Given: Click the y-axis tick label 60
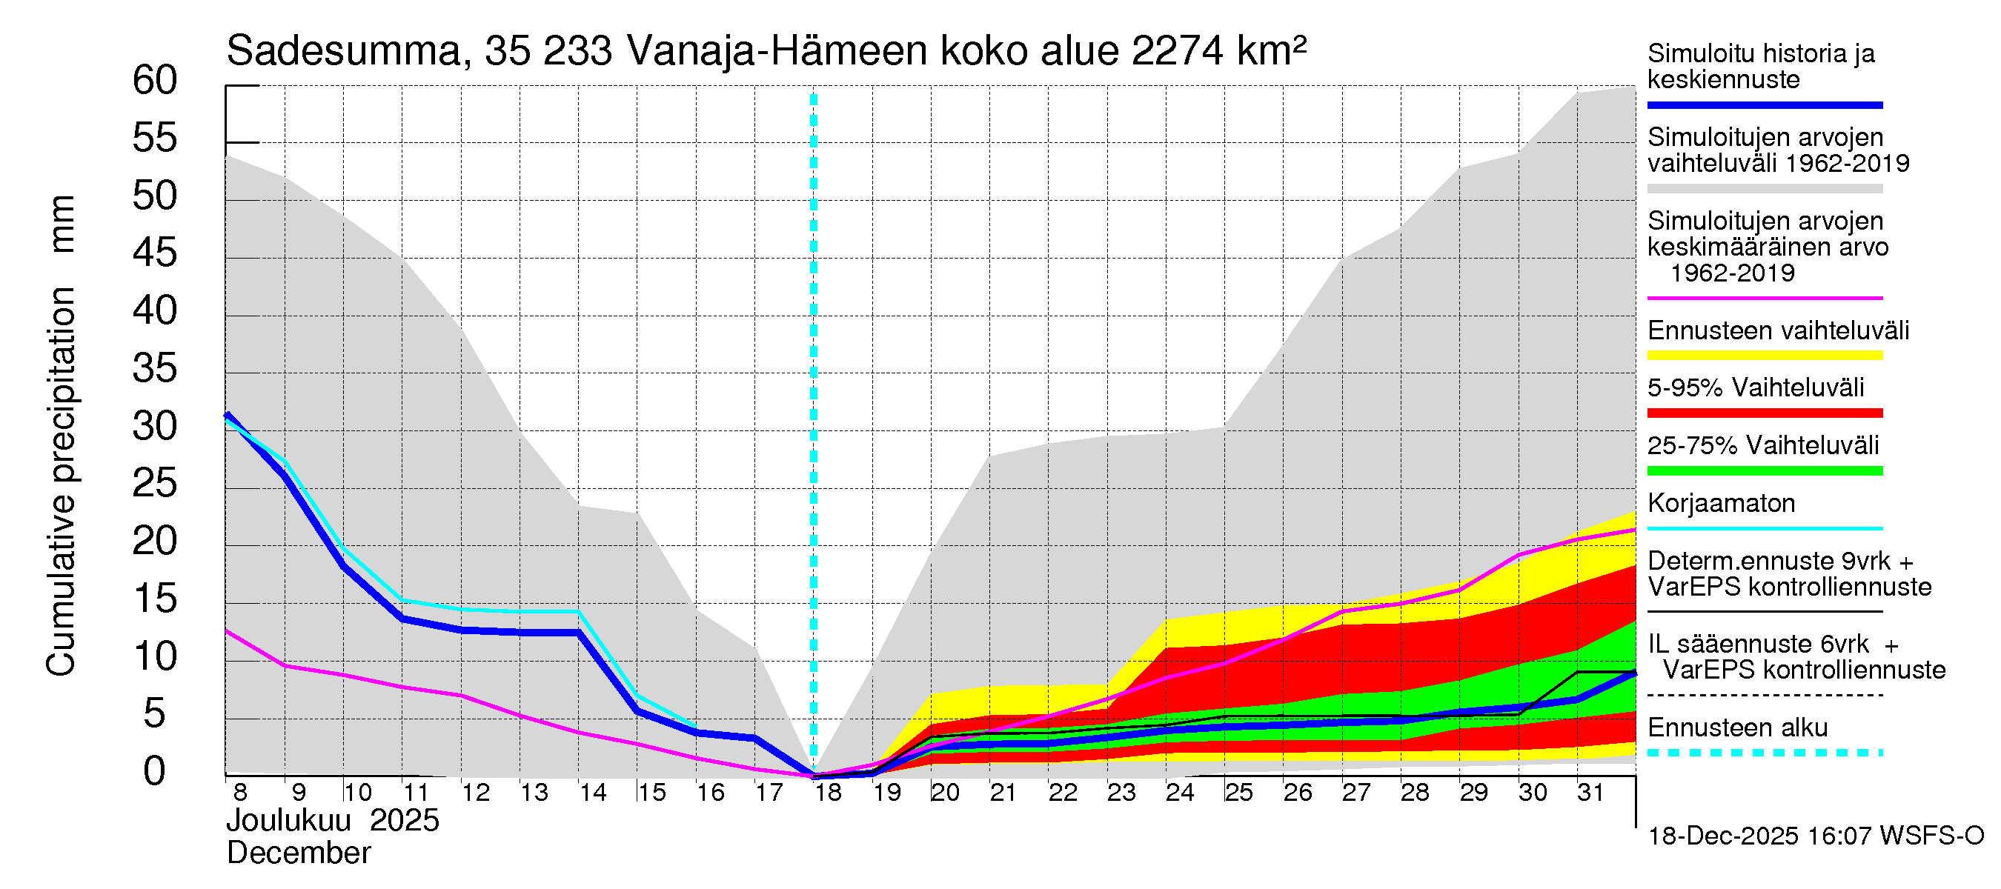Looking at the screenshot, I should coord(155,80).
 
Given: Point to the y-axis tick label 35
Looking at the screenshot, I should coord(155,368).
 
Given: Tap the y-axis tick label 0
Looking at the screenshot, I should coord(155,771).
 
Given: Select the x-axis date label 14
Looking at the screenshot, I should coord(593,792).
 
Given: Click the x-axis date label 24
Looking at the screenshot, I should coord(1179,792).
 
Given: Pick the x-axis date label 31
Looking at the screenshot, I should coord(1590,792).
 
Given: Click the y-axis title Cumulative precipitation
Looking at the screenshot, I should coord(61,482).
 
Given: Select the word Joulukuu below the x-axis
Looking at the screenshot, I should coord(288,820).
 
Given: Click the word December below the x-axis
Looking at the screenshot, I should coord(298,853).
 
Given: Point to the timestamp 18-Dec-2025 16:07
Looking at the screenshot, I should coord(1723,836).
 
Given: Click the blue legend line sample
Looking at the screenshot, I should coord(1764,104).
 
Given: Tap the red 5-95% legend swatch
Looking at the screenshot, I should coord(1764,413).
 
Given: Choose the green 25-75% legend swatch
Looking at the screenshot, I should coord(1764,470).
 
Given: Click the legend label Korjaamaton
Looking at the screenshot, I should coord(1721,503).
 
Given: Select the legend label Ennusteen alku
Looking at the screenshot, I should coord(1737,727).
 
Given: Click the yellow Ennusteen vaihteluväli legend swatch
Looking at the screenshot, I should coord(1764,356).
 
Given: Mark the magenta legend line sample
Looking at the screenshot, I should coord(1764,298).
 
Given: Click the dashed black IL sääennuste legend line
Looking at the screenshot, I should coord(1764,695).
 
